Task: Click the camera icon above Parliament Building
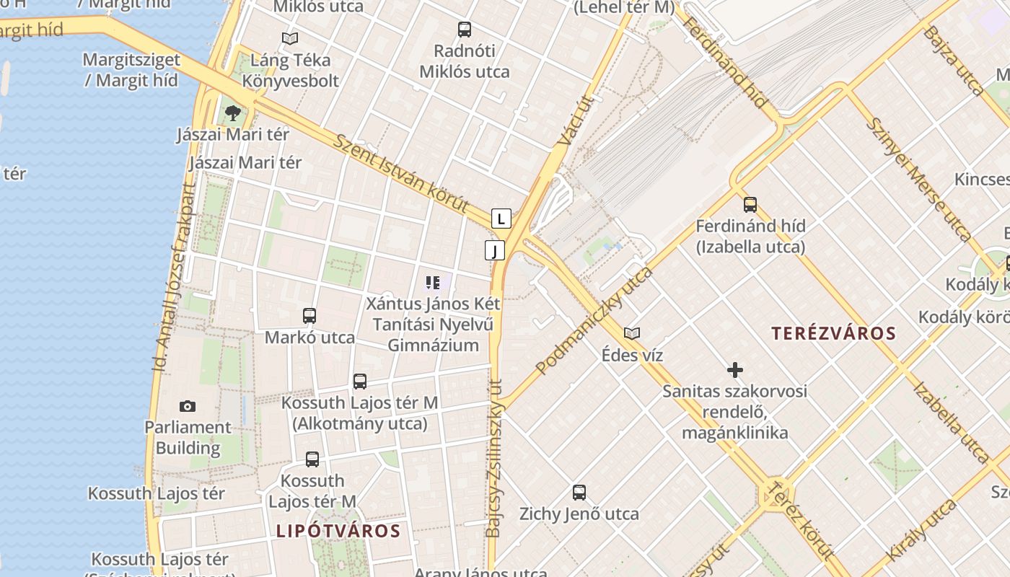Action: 188,407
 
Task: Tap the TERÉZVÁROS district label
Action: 833,333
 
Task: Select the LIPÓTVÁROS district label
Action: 338,532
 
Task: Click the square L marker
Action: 501,218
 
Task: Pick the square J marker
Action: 495,250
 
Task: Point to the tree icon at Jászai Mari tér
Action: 232,113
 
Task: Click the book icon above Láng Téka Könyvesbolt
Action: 290,38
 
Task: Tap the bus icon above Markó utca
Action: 309,316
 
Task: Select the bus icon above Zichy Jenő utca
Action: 579,493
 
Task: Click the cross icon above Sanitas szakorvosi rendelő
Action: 735,371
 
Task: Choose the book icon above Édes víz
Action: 632,333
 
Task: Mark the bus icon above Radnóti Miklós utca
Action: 465,30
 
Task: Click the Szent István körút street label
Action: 400,172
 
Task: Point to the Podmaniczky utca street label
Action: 594,320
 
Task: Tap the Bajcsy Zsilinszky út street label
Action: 494,458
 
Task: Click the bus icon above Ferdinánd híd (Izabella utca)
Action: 750,204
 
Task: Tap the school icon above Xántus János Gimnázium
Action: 433,282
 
